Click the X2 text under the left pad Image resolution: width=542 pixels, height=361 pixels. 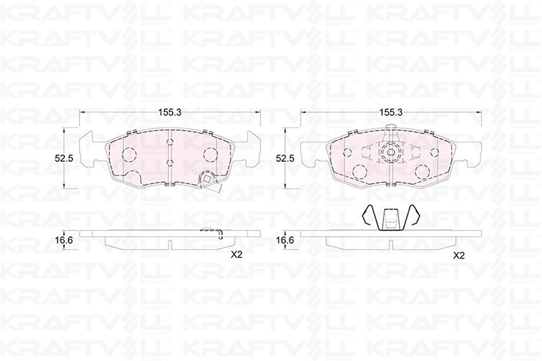point(237,256)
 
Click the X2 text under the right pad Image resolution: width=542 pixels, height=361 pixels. point(459,257)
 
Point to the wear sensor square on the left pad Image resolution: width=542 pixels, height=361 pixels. point(208,180)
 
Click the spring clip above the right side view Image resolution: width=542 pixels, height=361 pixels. point(390,217)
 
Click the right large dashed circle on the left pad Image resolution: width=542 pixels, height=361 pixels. point(211,154)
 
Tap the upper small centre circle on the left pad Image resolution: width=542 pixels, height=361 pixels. point(169,142)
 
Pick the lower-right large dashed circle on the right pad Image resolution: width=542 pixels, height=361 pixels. point(421,172)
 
